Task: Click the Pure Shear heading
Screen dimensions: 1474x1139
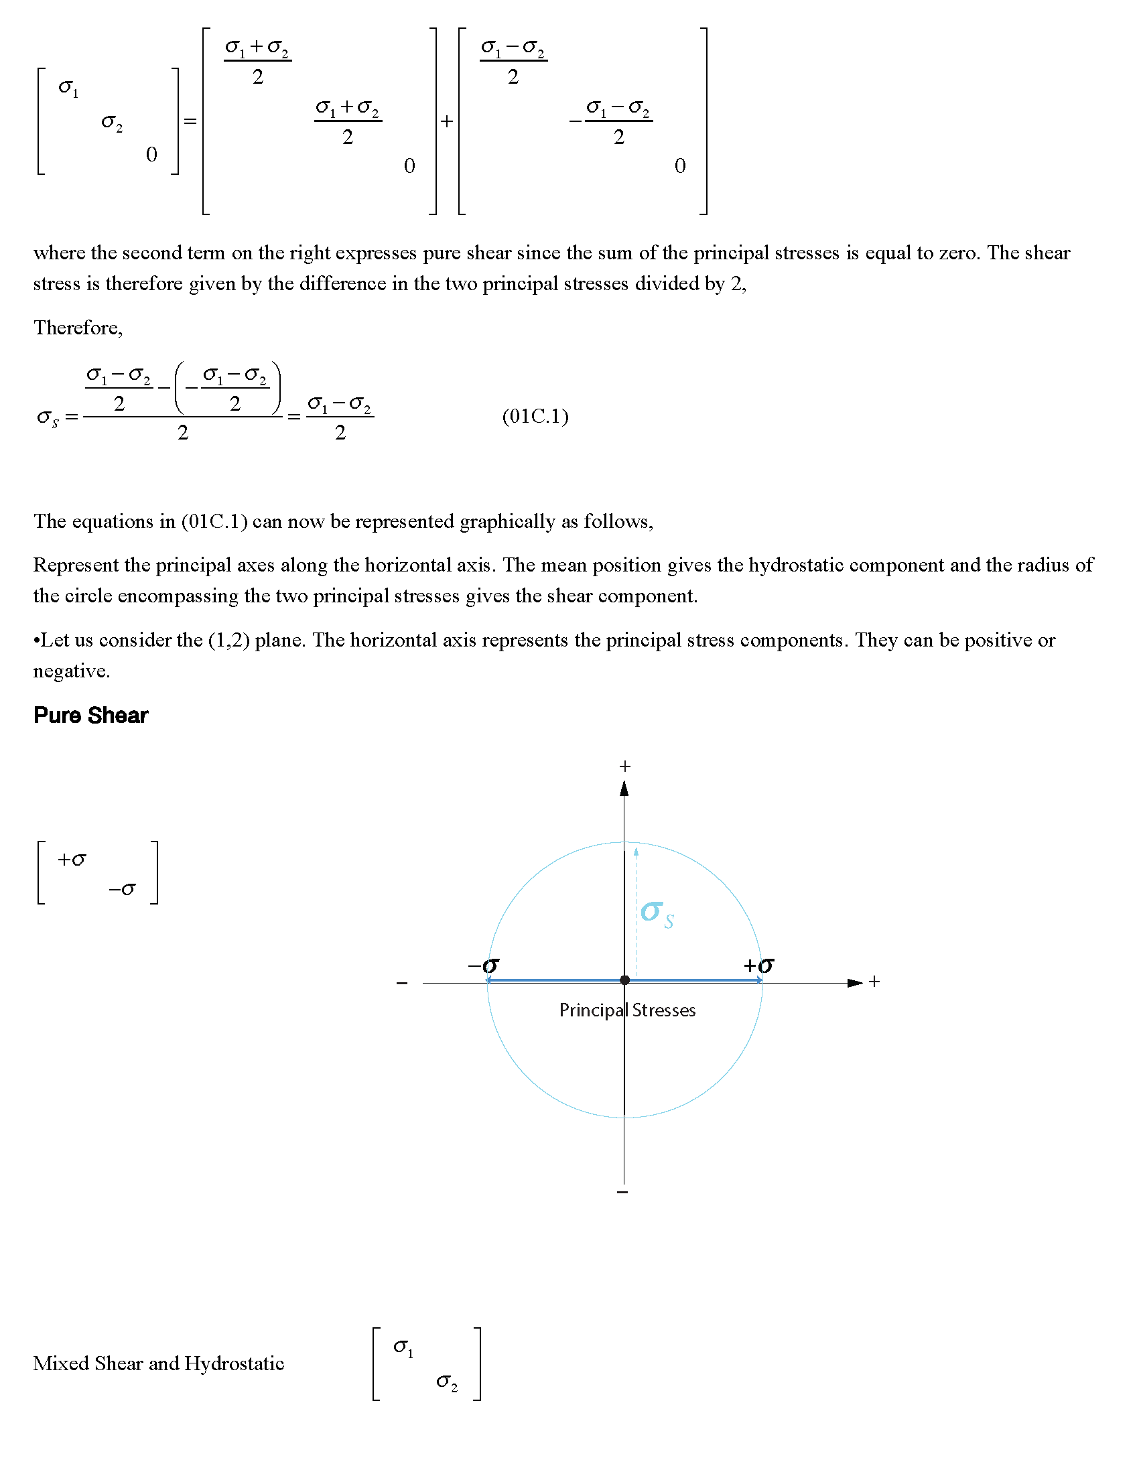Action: tap(90, 716)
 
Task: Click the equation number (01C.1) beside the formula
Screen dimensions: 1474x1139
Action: tap(535, 417)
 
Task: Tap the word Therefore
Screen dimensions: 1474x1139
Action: tap(78, 328)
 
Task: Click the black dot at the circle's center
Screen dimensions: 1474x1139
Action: tap(625, 980)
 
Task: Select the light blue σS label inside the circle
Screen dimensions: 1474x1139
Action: tap(657, 914)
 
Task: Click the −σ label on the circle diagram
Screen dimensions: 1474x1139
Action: tap(483, 965)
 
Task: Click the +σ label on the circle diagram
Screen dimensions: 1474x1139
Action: tap(758, 965)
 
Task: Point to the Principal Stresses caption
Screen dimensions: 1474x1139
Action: tap(627, 1010)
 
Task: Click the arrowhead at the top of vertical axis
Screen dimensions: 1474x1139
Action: tap(624, 789)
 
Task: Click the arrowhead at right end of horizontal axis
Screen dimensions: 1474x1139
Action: tap(855, 983)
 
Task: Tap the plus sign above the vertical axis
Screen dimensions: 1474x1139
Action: tap(625, 766)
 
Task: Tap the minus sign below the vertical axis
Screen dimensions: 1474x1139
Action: tap(623, 1193)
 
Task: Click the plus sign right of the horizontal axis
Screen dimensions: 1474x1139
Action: tap(874, 982)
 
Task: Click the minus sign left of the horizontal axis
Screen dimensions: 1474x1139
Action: tap(402, 984)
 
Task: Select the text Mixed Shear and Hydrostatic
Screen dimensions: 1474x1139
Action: tap(159, 1363)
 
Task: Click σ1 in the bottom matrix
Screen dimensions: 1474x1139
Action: tap(403, 1347)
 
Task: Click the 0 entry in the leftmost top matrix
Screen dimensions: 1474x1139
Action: tap(151, 155)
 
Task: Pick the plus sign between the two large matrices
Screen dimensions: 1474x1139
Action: tap(447, 121)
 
